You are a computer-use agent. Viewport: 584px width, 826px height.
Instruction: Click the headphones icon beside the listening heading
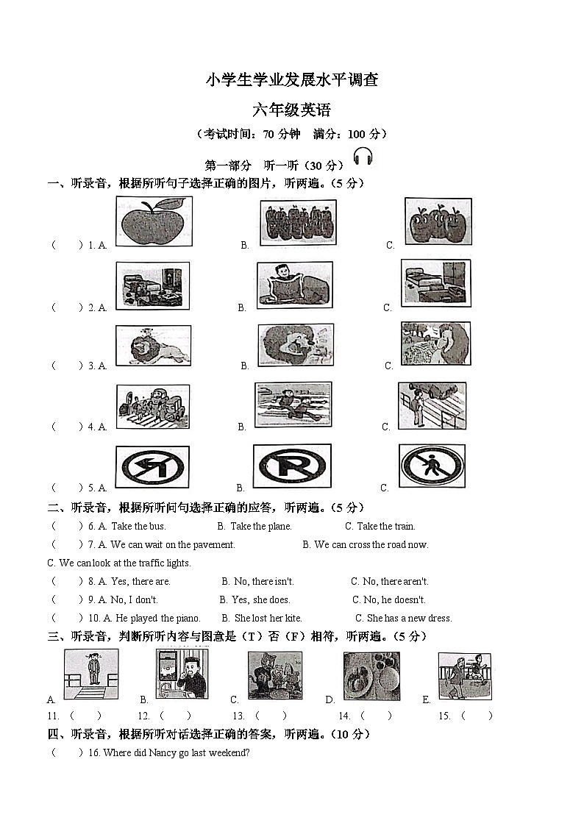tap(363, 157)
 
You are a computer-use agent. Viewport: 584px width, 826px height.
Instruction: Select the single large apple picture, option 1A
tap(154, 221)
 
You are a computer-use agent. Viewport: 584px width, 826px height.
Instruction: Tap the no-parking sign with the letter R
tap(292, 466)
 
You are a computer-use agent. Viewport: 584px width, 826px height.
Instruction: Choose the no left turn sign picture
tap(152, 467)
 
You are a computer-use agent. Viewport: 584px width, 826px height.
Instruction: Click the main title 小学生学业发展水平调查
tap(292, 80)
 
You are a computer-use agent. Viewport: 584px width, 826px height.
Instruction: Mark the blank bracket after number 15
tap(476, 716)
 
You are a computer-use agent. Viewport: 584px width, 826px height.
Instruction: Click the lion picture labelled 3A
tap(153, 346)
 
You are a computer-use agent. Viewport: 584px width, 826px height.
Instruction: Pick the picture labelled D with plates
tap(371, 676)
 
